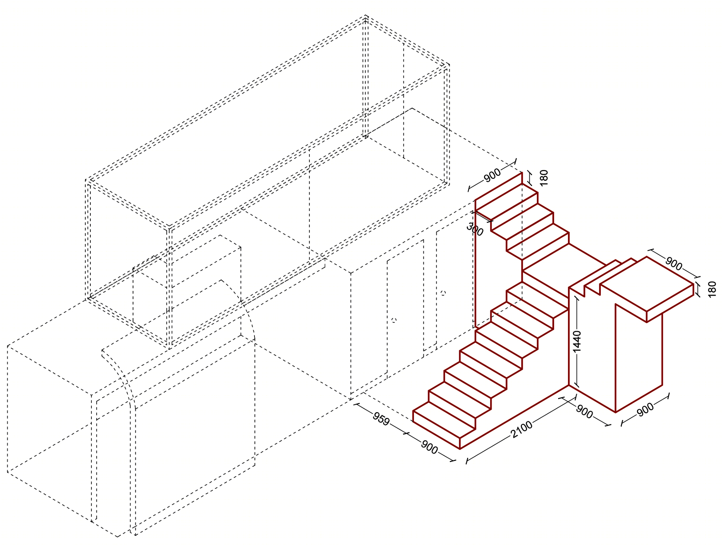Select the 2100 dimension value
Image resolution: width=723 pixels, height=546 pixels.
pyautogui.click(x=522, y=429)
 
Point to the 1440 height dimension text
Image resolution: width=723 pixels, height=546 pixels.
pyautogui.click(x=577, y=341)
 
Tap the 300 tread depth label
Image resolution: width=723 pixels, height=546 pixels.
pyautogui.click(x=475, y=229)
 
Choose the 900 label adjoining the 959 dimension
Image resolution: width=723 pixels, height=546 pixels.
pyautogui.click(x=429, y=448)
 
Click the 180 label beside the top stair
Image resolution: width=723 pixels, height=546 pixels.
pyautogui.click(x=544, y=178)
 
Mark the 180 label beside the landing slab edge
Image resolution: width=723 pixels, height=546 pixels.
pyautogui.click(x=712, y=289)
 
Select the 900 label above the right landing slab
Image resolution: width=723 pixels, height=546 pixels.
pyautogui.click(x=673, y=264)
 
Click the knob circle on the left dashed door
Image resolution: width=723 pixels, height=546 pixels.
pyautogui.click(x=394, y=320)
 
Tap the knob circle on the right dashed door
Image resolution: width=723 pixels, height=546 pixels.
pyautogui.click(x=444, y=293)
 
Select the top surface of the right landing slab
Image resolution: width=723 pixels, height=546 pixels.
pyautogui.click(x=647, y=284)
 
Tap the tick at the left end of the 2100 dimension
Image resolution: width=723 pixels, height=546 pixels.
pyautogui.click(x=467, y=461)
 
